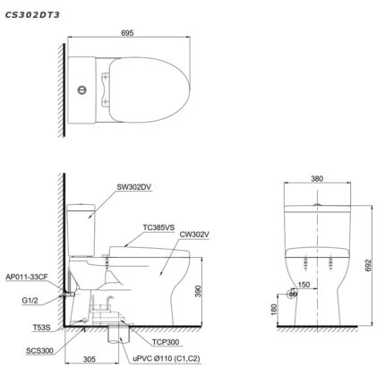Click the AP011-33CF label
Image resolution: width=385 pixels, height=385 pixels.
click(x=26, y=278)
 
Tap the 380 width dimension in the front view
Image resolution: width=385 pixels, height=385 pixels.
click(x=314, y=177)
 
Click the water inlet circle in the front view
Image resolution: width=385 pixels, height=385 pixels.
click(x=291, y=294)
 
